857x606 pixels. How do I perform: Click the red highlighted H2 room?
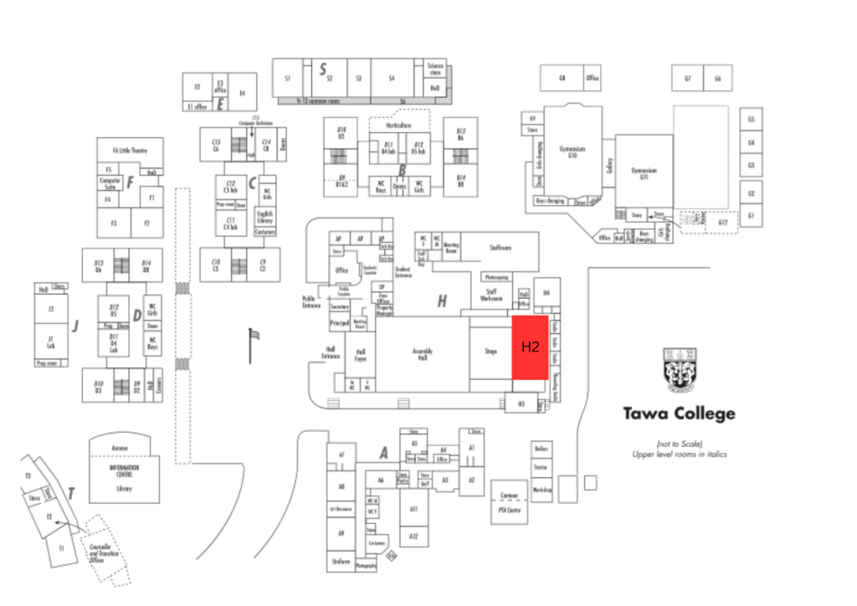[530, 347]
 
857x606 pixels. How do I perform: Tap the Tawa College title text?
[679, 413]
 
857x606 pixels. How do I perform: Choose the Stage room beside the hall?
[490, 352]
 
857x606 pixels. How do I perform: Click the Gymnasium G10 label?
[572, 151]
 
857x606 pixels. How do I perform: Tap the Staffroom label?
[500, 248]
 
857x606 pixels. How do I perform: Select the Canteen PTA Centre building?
[509, 501]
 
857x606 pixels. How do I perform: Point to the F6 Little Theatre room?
[130, 151]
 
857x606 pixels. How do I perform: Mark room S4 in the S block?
[392, 78]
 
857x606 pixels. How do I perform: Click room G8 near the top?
[562, 78]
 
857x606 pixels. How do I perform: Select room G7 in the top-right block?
[687, 78]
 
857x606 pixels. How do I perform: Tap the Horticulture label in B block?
[399, 125]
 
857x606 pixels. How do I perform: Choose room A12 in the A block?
[413, 536]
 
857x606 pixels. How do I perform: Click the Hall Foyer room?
[361, 355]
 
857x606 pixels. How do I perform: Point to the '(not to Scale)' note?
[679, 443]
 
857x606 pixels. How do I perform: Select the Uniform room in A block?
[341, 561]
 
